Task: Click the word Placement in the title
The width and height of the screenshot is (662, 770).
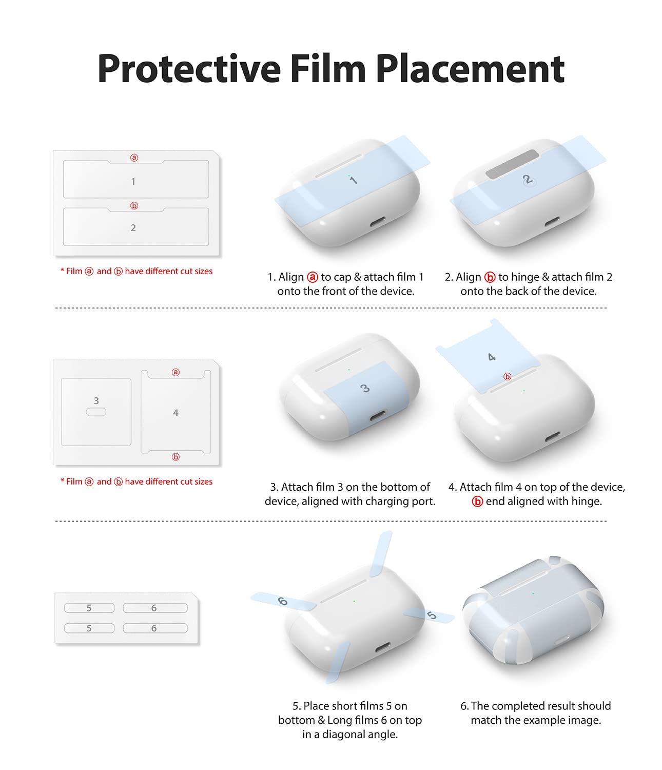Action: coord(470,69)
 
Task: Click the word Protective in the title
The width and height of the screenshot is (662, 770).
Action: coord(189,69)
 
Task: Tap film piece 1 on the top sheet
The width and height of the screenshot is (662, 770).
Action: coord(136,179)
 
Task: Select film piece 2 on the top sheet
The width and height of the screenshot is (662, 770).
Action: coord(136,226)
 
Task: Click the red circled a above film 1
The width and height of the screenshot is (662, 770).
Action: coord(134,158)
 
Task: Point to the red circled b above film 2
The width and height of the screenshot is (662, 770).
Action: coord(134,206)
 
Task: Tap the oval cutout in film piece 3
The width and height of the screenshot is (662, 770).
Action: coord(96,412)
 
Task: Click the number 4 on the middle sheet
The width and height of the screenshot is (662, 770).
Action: coord(176,413)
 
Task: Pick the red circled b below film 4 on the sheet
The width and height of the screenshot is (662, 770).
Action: coord(176,457)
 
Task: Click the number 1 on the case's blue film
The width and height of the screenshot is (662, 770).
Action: coord(353,180)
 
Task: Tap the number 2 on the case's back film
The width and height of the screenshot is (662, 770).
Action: coord(527,180)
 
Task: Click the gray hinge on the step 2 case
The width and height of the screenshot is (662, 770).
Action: coord(512,164)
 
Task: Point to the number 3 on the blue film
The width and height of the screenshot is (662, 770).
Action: coord(364,389)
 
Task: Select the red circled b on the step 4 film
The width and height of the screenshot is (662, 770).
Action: coord(507,377)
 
